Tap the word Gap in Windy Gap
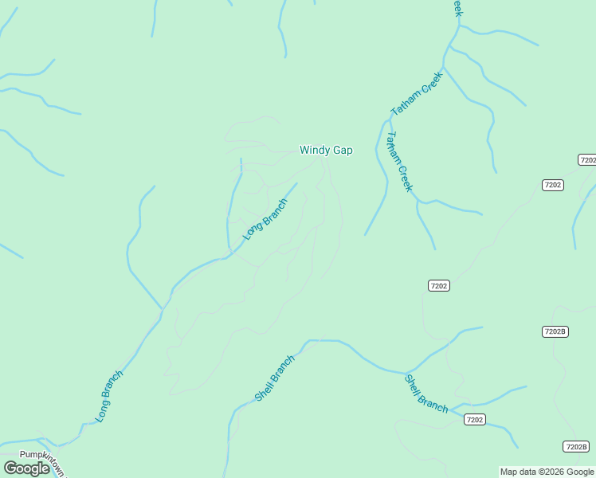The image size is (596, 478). coord(343,150)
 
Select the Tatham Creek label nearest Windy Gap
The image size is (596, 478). coord(398,162)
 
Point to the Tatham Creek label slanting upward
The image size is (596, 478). coord(416,94)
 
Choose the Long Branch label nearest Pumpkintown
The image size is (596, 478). coord(109,396)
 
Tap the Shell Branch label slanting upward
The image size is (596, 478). coord(275,378)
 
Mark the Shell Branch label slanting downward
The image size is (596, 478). coord(426,394)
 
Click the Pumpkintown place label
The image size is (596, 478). coord(35,455)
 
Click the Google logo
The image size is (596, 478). coord(26,468)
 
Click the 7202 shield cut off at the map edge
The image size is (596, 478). coord(588,160)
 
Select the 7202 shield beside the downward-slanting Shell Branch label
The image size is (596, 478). coord(474,419)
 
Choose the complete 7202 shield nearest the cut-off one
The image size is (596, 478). coord(552,185)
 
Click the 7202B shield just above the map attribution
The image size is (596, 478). coord(575,446)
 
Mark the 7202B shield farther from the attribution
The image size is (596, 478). coord(555,331)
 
